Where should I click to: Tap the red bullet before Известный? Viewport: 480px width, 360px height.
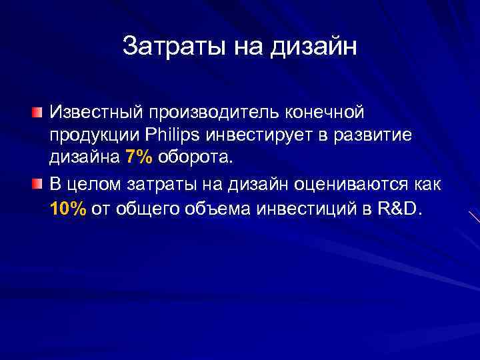(x=41, y=109)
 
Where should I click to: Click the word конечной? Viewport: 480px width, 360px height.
(x=317, y=109)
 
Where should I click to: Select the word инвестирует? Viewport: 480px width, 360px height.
(x=254, y=135)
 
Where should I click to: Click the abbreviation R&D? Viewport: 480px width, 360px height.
(x=399, y=209)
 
